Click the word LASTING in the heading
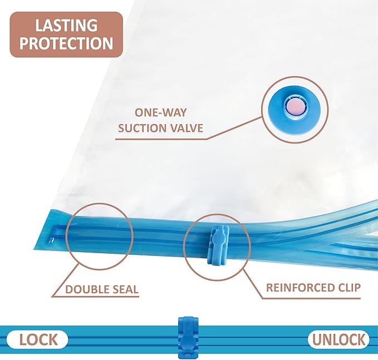[66, 26]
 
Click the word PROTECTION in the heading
[66, 43]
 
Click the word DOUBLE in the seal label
[88, 289]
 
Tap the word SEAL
[126, 289]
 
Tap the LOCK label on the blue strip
[36, 339]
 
